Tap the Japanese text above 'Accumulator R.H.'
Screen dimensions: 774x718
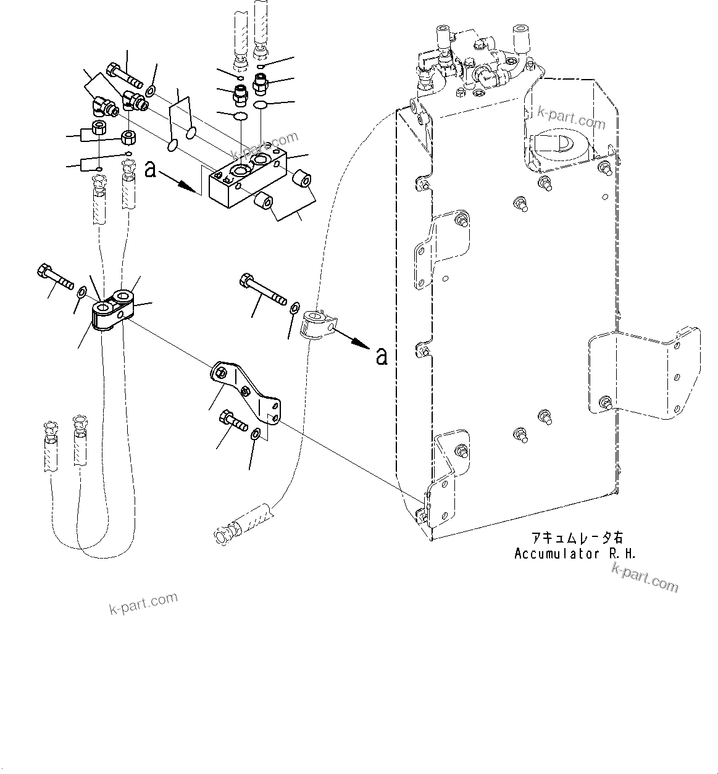coord(570,538)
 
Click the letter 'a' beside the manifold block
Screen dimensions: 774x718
coord(150,170)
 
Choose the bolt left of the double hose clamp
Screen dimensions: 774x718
coord(55,278)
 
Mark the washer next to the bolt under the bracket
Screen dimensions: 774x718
coord(256,437)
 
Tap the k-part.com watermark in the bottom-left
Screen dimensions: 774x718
coord(143,603)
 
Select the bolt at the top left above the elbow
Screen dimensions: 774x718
coord(123,77)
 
